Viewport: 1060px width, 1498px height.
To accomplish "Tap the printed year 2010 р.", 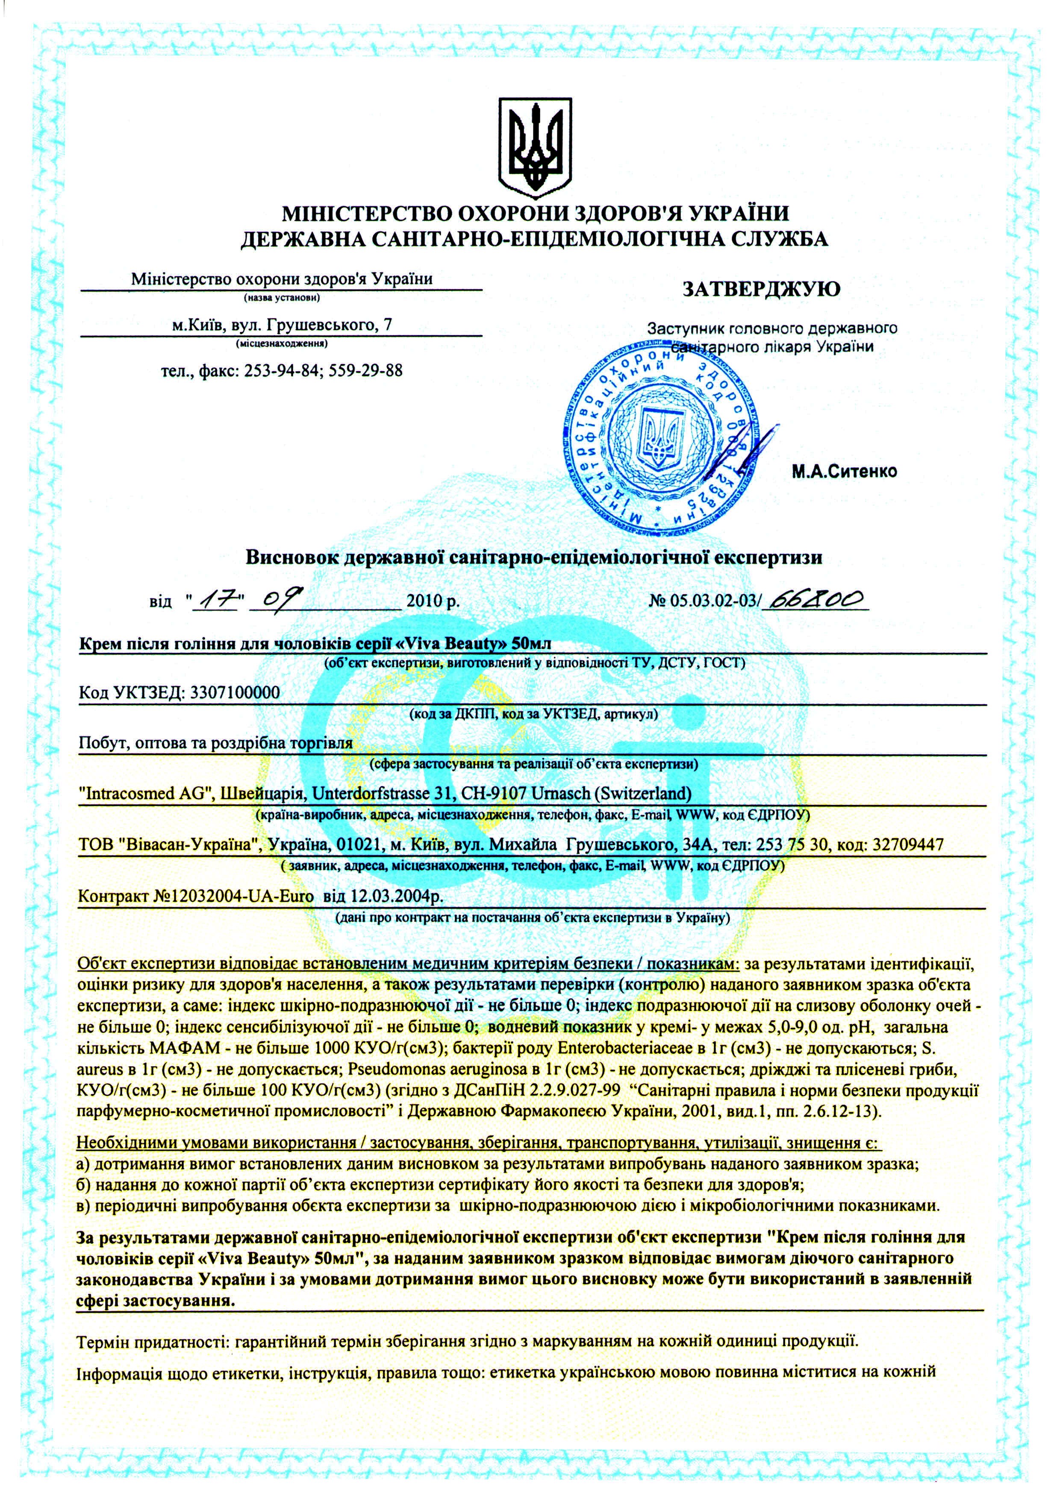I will click(433, 600).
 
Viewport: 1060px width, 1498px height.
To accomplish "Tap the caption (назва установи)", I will click(282, 299).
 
